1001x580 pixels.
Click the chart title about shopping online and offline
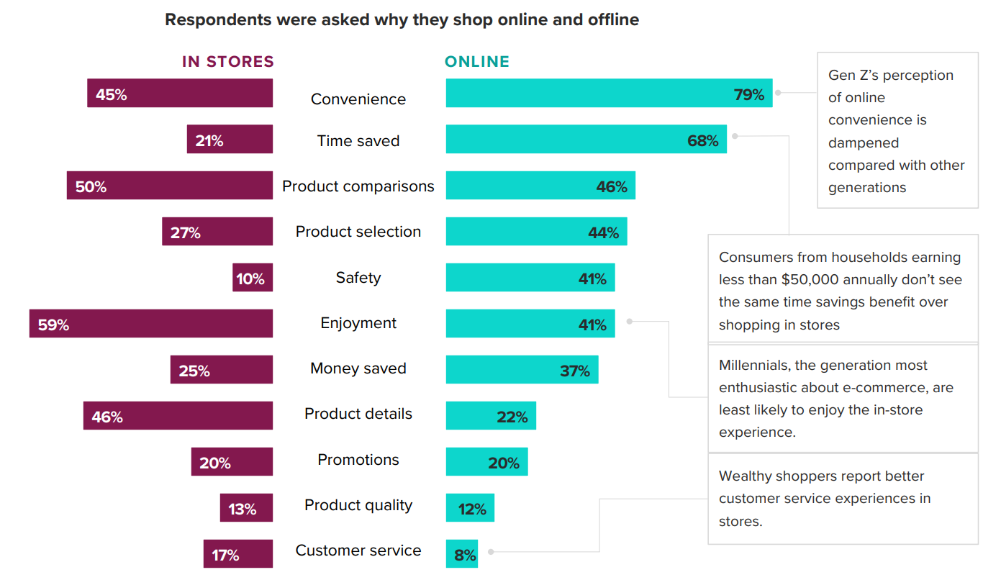[x=402, y=20]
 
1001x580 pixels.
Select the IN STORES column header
[x=227, y=62]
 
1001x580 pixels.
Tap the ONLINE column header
[x=476, y=62]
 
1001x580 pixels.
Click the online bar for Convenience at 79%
[x=609, y=94]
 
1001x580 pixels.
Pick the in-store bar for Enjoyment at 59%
[x=151, y=324]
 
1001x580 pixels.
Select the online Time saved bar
[x=586, y=140]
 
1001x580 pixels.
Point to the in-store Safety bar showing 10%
[x=253, y=278]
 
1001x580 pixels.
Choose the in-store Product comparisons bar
[x=170, y=186]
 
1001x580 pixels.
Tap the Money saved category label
[x=358, y=368]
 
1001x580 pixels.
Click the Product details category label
[x=358, y=414]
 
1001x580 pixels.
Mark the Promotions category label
[x=358, y=460]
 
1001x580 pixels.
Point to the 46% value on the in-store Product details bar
[x=107, y=417]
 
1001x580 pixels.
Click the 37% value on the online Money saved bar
[x=575, y=371]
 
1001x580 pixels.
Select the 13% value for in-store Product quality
[x=242, y=509]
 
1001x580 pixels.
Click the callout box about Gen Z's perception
[x=897, y=131]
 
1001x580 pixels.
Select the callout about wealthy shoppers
[x=843, y=499]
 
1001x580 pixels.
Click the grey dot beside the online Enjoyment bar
[x=630, y=322]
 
